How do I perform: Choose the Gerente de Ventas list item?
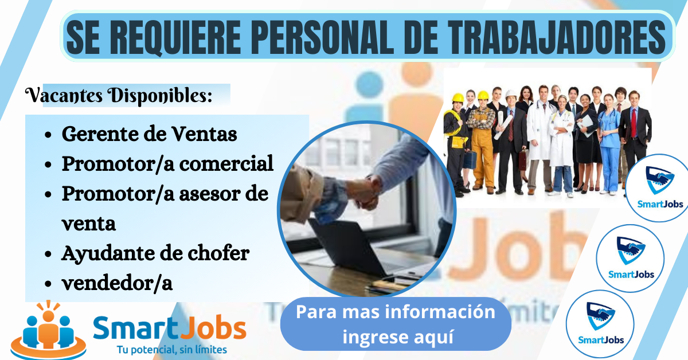click(x=149, y=134)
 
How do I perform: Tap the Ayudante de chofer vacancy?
click(x=155, y=253)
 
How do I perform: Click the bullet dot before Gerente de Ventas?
click(x=49, y=135)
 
